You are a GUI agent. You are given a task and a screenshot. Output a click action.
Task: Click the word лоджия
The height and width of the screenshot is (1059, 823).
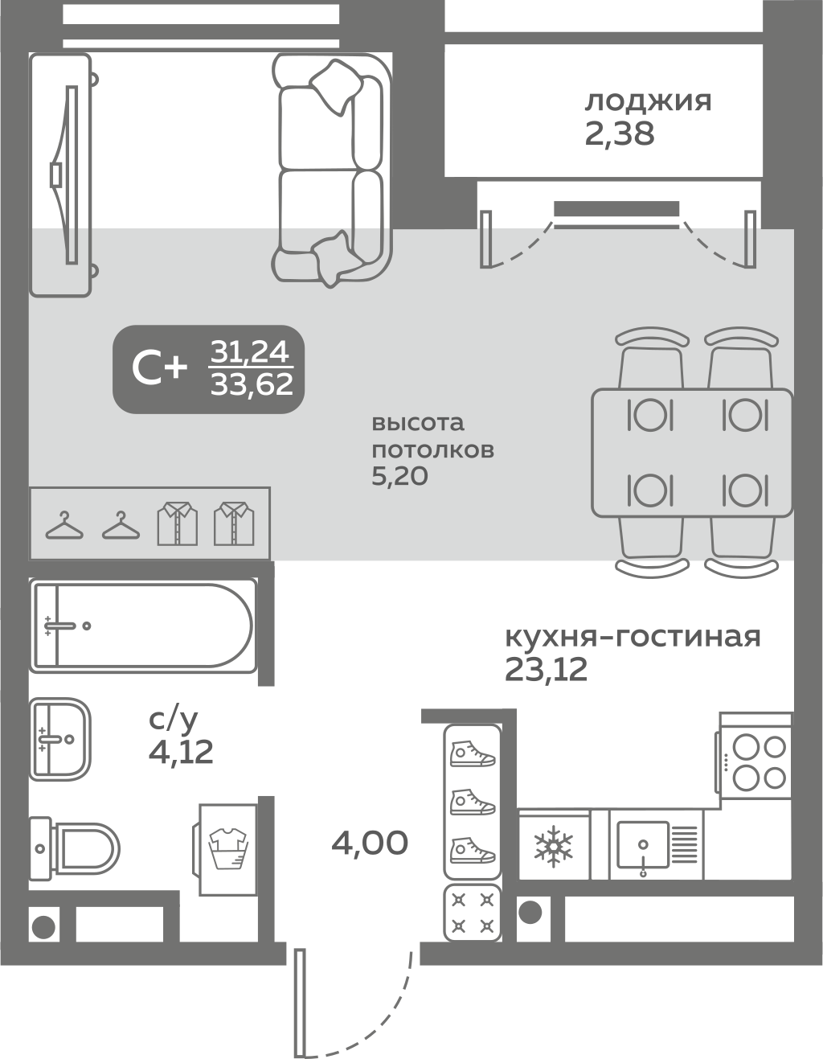tap(648, 102)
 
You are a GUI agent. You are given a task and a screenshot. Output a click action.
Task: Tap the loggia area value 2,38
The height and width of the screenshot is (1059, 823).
tap(620, 133)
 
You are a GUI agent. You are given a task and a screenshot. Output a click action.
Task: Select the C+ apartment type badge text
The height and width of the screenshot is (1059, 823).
tap(159, 368)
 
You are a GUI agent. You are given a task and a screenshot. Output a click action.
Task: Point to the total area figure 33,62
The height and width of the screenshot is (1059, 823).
tap(252, 385)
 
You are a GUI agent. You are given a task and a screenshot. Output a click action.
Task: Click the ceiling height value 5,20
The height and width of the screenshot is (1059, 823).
tap(399, 477)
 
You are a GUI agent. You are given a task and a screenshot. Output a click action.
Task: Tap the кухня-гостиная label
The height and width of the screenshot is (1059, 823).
tap(633, 637)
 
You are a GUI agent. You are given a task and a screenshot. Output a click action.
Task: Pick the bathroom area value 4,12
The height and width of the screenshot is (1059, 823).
tap(181, 752)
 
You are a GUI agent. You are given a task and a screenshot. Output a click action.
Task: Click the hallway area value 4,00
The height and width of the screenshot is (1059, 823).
tap(370, 843)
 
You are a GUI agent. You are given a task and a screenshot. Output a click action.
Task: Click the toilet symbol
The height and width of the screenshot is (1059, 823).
tap(76, 847)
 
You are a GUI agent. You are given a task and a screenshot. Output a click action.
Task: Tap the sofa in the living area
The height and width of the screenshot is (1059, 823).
tap(331, 169)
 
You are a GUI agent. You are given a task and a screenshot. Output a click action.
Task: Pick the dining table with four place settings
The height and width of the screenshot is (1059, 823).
tap(692, 453)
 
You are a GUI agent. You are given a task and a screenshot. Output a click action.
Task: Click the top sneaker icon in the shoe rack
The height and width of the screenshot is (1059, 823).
tap(472, 753)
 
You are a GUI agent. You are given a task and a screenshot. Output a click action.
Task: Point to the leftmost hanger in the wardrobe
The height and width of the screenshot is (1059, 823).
tap(64, 526)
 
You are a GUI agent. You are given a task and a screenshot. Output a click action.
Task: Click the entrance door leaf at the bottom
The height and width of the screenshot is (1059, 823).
tap(301, 1002)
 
